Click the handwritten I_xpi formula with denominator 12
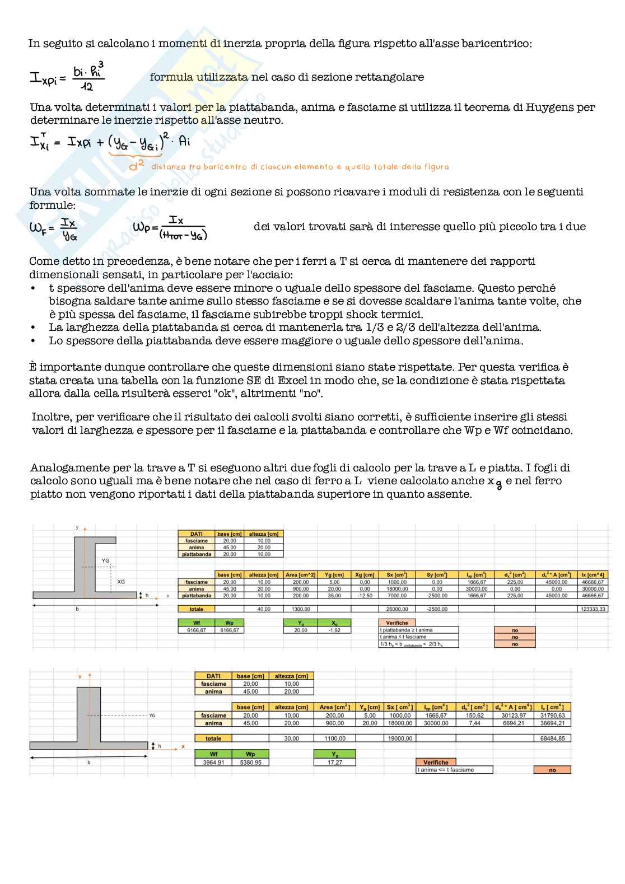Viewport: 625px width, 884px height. click(x=67, y=77)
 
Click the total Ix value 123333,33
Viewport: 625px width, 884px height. click(x=592, y=609)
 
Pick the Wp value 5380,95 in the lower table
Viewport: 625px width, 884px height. click(x=250, y=762)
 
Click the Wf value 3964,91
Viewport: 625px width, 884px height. click(x=213, y=762)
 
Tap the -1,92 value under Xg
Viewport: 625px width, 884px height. click(x=334, y=630)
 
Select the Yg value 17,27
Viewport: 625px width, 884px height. click(x=335, y=762)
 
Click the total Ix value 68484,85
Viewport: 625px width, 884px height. click(x=552, y=738)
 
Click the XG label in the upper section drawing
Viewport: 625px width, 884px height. click(x=121, y=582)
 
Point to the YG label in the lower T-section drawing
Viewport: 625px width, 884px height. click(x=152, y=715)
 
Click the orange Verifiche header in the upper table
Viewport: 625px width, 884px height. click(x=397, y=623)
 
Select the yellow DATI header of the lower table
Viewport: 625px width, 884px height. click(x=213, y=676)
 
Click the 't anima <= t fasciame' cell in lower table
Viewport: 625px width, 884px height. click(x=454, y=770)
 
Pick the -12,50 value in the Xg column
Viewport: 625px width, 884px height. click(x=365, y=596)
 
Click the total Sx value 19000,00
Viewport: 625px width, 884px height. click(x=399, y=738)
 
